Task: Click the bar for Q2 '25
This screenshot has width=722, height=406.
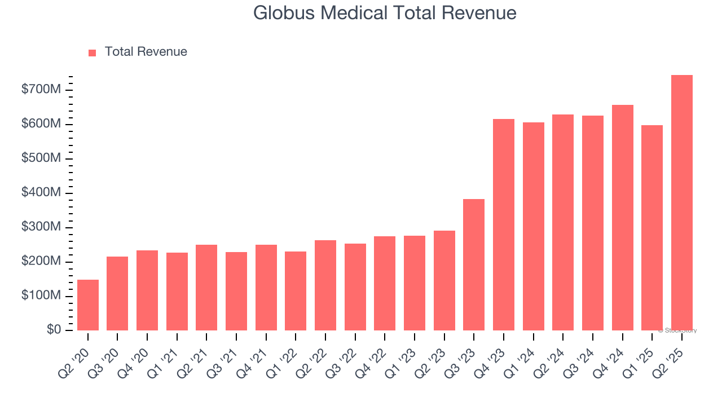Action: (681, 203)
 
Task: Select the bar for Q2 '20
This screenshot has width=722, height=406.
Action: (88, 305)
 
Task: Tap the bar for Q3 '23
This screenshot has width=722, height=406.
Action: (474, 265)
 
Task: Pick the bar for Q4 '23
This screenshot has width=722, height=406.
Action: (504, 225)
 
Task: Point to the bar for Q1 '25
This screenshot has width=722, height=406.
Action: (652, 228)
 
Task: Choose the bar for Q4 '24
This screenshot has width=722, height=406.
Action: (622, 218)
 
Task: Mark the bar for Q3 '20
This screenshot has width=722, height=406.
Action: (117, 294)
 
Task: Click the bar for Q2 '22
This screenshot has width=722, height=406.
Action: (325, 285)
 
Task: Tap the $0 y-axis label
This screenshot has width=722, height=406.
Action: (54, 330)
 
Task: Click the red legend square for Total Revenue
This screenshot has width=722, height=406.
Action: (93, 52)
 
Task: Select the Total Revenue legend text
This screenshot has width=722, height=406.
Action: (146, 52)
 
